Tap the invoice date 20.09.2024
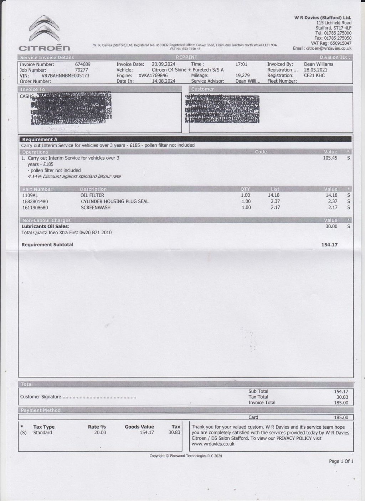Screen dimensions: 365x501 (x=163, y=64)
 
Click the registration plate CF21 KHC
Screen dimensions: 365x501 (x=314, y=76)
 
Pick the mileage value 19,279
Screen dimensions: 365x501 (x=242, y=76)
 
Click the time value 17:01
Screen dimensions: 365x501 (x=241, y=64)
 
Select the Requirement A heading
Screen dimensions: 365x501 (x=40, y=140)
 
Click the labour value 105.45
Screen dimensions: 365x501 (x=330, y=158)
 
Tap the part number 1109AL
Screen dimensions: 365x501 (x=30, y=195)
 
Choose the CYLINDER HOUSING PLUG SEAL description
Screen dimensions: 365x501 (x=114, y=201)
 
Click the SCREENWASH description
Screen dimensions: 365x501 (x=96, y=207)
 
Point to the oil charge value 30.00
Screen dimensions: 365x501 (x=331, y=226)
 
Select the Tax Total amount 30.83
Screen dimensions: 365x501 (x=341, y=397)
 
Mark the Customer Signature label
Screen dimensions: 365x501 (x=41, y=397)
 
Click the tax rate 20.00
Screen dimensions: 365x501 (x=100, y=433)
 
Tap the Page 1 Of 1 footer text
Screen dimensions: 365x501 (x=341, y=461)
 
